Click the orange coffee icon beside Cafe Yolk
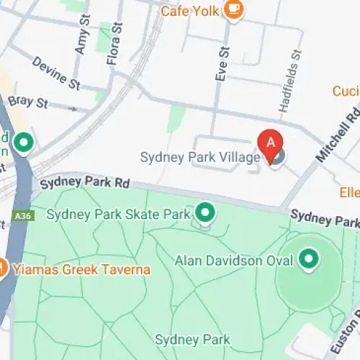coord(234,9)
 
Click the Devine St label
coord(55,73)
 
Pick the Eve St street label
coord(222,64)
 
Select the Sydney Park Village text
coord(199,157)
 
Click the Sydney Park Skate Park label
coord(118,214)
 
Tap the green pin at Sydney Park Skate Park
coord(206,212)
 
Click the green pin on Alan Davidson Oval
coord(309,258)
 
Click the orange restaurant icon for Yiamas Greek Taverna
coord(2,269)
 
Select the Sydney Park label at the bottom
coord(192,339)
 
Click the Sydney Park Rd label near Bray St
coord(85,181)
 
